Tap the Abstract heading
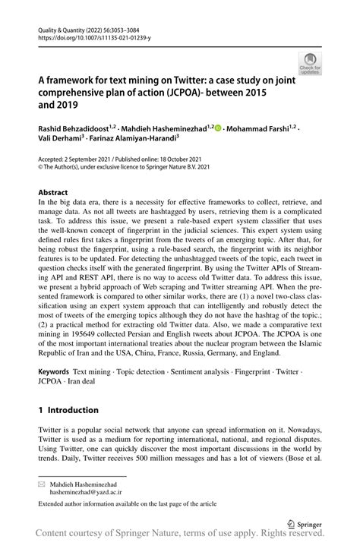point(54,193)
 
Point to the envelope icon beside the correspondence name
point(43,482)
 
